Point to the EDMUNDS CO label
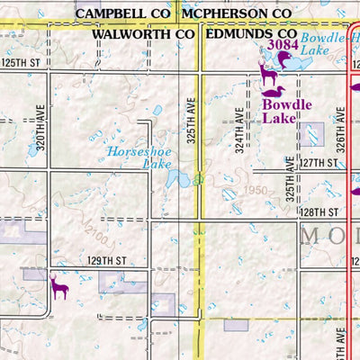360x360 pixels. (251, 33)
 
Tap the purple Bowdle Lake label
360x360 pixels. (287, 111)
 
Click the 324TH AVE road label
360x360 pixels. (239, 131)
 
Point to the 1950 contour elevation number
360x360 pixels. (255, 191)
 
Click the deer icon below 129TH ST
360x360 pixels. (59, 287)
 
